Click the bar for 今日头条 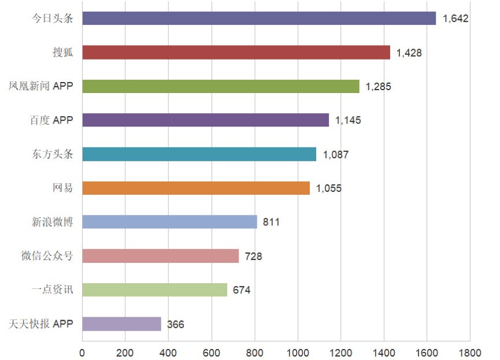click(258, 18)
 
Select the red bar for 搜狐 click(236, 53)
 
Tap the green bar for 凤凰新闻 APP click(220, 86)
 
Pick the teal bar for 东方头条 click(199, 154)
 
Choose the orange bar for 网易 click(195, 188)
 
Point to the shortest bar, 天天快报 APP click(121, 324)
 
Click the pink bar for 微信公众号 click(160, 255)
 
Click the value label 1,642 click(455, 18)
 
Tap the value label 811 click(271, 222)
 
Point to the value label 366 click(175, 324)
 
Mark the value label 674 click(241, 290)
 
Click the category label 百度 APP click(51, 120)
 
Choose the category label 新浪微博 click(52, 222)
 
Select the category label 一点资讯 click(52, 290)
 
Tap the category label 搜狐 click(62, 53)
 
